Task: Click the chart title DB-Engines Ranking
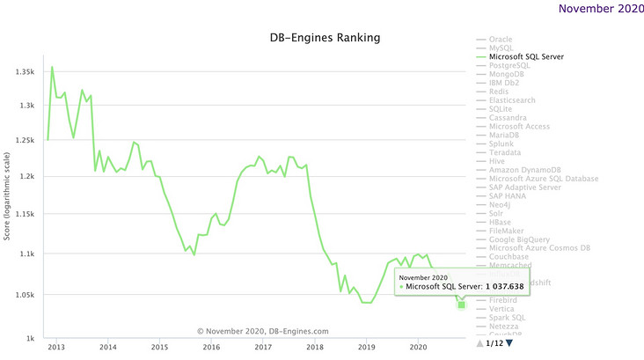pyautogui.click(x=325, y=39)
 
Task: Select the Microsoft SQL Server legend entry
pyautogui.click(x=525, y=57)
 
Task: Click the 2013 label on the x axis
pyautogui.click(x=55, y=349)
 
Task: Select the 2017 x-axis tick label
pyautogui.click(x=263, y=349)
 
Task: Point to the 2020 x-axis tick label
pyautogui.click(x=419, y=349)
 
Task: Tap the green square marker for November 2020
pyautogui.click(x=462, y=305)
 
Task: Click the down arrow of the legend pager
pyautogui.click(x=509, y=342)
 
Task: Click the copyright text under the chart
pyautogui.click(x=264, y=332)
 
